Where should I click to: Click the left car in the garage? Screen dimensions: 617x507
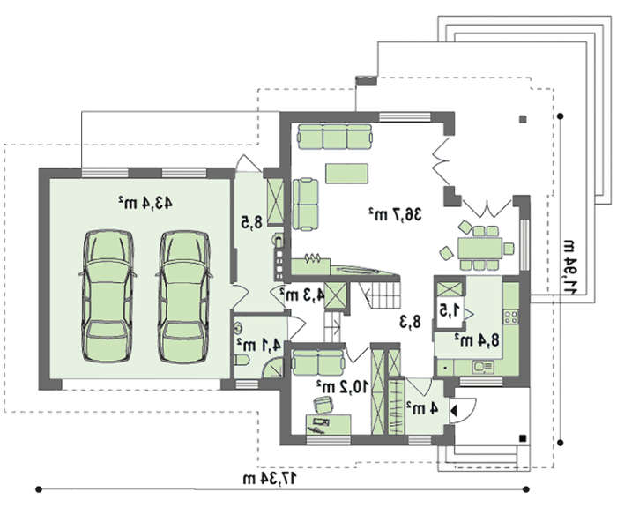[x=108, y=296]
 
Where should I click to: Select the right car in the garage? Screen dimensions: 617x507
[x=184, y=296]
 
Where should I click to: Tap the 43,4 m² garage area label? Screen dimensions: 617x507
[x=145, y=203]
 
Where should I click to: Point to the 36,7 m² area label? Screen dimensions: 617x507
[x=395, y=214]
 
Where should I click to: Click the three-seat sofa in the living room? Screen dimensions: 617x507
[x=334, y=137]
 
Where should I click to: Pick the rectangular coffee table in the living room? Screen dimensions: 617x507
[x=346, y=174]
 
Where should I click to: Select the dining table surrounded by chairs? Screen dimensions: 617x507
[x=480, y=248]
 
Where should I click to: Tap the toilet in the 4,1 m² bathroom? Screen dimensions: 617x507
[x=241, y=360]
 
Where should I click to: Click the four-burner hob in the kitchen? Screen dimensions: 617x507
[x=510, y=317]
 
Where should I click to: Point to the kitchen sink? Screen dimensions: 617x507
[x=483, y=368]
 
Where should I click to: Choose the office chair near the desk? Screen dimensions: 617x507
[x=323, y=404]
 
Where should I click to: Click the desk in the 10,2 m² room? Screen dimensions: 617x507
[x=328, y=424]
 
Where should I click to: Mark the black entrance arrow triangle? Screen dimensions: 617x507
[x=453, y=411]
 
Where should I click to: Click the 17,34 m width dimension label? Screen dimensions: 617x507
[x=270, y=479]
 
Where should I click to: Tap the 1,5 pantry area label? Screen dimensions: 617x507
[x=450, y=310]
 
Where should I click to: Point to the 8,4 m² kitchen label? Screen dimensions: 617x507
[x=478, y=339]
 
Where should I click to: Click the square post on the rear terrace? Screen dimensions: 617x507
[x=523, y=118]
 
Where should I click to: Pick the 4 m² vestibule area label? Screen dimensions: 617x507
[x=422, y=408]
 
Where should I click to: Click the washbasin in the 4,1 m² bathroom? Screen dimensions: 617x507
[x=239, y=328]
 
